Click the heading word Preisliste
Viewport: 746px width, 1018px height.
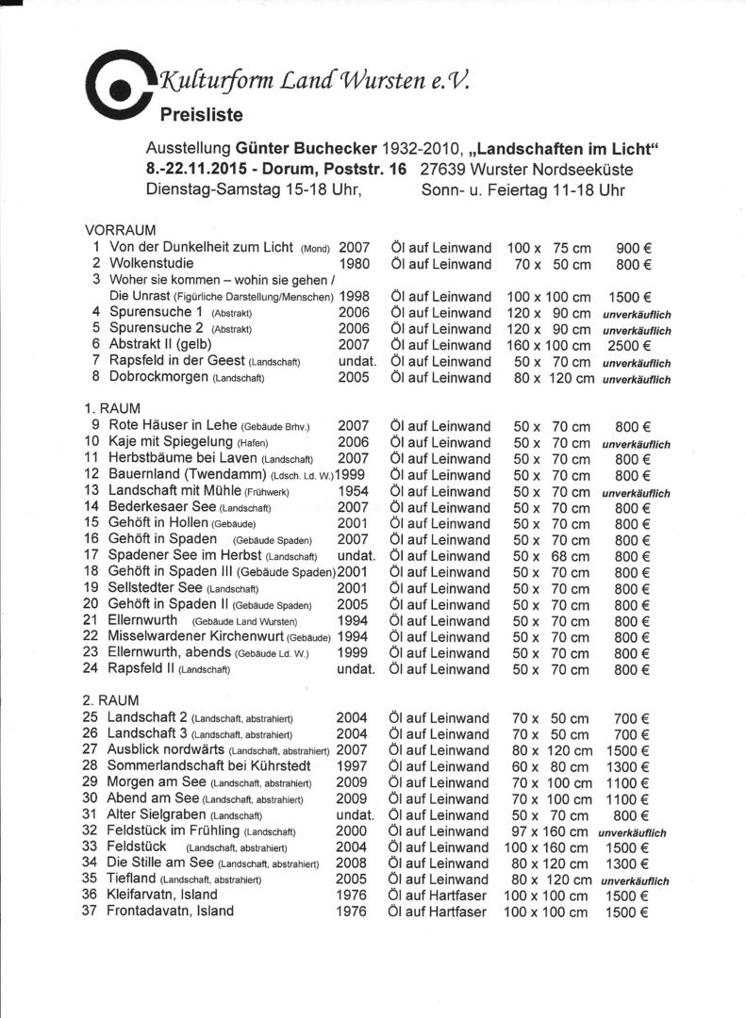201,116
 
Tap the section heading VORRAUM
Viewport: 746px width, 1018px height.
120,231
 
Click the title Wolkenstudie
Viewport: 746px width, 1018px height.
152,264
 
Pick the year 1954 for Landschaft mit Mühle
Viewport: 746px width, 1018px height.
354,492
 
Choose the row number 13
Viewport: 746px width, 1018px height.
91,491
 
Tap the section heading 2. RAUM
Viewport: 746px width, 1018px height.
110,701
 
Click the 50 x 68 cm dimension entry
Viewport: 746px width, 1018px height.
551,556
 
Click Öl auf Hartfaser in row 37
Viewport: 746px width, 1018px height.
438,911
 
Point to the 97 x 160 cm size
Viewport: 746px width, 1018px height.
551,831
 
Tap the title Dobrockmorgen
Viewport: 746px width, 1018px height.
159,378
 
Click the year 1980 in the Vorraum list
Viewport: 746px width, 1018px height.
354,264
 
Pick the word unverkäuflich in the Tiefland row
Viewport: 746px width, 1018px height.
634,880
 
